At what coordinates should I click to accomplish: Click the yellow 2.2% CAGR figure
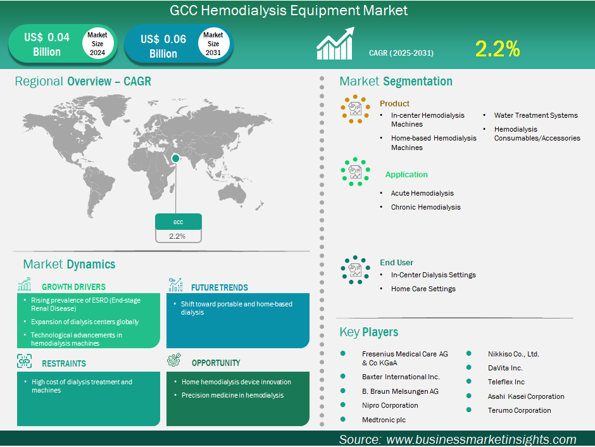pos(498,49)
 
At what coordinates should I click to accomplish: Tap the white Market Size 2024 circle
pos(97,43)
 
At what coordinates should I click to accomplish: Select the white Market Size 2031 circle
pos(213,43)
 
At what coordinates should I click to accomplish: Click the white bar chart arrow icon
pos(335,43)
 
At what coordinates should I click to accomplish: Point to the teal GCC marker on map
pos(176,158)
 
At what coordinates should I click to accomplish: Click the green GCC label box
pos(178,222)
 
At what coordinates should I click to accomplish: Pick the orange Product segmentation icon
pos(355,109)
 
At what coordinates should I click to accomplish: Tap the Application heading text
pos(406,175)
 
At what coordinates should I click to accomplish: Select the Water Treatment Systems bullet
pos(535,115)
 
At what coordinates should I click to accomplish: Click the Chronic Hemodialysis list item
pos(426,207)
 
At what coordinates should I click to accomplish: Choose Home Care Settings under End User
pos(423,289)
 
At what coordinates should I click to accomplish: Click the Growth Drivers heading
pos(73,287)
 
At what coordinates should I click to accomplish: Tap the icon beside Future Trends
pos(175,284)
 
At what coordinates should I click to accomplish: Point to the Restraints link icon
pos(24,362)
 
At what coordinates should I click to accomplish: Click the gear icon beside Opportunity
pos(174,360)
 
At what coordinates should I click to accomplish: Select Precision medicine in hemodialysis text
pos(232,395)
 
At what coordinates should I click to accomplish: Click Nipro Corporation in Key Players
pos(390,405)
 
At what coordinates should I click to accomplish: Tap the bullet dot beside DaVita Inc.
pos(468,367)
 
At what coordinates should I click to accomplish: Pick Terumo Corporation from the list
pos(519,410)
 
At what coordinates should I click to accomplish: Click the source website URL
pos(481,439)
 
